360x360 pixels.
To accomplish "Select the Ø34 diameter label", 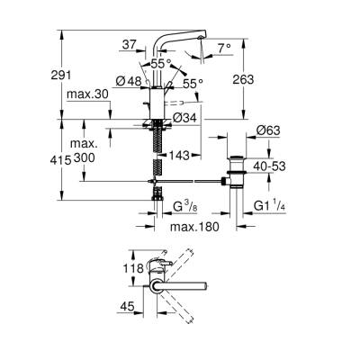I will pyautogui.click(x=186, y=117).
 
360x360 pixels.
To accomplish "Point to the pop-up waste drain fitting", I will pyautogui.click(x=237, y=175).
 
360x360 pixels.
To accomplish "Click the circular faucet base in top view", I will pyautogui.click(x=157, y=288).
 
